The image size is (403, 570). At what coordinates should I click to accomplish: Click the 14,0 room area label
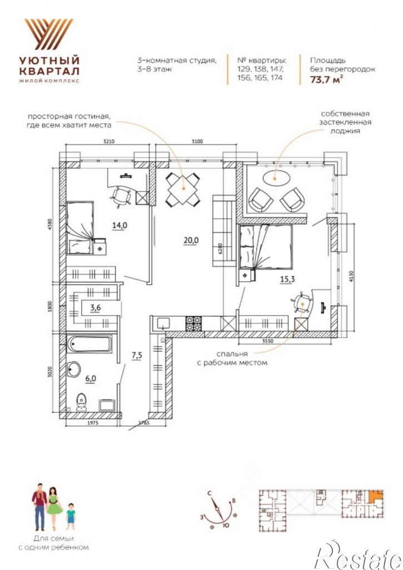click(120, 226)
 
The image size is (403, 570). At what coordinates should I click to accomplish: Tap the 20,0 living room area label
click(191, 241)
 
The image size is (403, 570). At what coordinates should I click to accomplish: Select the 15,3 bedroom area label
click(287, 279)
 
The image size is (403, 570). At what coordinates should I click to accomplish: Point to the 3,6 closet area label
click(96, 308)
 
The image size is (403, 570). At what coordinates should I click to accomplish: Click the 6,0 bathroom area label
click(91, 378)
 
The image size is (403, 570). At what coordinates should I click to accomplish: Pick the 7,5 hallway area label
click(137, 356)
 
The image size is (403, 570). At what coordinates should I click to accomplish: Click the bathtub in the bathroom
click(90, 344)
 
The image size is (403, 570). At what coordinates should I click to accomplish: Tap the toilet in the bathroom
click(82, 402)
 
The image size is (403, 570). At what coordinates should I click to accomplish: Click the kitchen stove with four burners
click(193, 323)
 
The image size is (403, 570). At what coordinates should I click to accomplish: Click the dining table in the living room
click(183, 189)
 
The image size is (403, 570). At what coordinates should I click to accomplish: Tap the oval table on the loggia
click(276, 178)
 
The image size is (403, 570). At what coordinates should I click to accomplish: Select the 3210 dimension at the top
click(109, 142)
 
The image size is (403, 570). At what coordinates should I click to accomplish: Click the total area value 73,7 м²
click(326, 79)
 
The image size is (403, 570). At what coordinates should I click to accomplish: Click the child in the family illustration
click(71, 516)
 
